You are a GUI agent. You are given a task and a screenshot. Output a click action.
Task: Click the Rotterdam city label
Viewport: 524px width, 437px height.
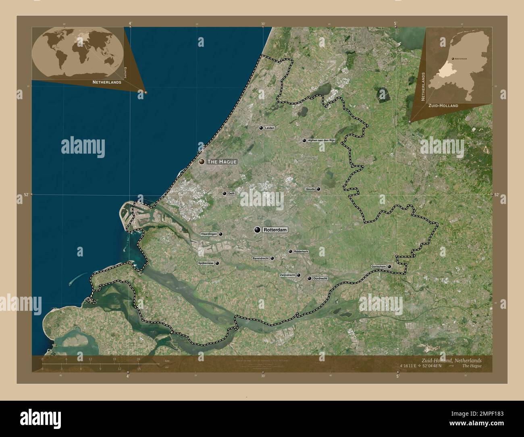tap(275, 230)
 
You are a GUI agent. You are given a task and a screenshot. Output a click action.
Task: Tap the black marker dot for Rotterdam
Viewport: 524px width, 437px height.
tap(257, 230)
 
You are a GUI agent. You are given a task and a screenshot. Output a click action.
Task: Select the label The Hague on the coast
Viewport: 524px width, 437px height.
tap(221, 162)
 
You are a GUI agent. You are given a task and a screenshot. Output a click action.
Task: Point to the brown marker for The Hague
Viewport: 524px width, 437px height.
tap(202, 162)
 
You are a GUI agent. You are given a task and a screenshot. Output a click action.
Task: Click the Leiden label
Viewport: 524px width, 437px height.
tap(270, 128)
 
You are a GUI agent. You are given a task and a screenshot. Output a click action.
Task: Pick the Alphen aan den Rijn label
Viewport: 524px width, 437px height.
tap(321, 140)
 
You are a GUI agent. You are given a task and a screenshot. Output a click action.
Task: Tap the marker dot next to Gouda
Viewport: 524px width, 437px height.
tap(318, 189)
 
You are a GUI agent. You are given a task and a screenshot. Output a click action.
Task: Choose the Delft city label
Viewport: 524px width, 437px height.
tap(231, 194)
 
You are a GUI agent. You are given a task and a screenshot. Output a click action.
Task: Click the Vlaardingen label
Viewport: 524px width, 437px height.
tap(209, 234)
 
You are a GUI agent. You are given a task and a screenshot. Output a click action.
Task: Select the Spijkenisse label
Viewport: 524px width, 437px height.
tap(206, 263)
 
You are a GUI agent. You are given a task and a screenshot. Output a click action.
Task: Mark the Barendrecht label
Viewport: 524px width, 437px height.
tap(260, 258)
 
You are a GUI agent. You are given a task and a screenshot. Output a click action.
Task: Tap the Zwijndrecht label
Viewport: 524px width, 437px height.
tap(287, 275)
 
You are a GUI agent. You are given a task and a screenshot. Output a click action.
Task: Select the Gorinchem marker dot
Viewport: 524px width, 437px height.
tap(389, 266)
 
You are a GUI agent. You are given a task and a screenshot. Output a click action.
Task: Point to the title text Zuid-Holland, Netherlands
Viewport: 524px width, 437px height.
tap(451, 360)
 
